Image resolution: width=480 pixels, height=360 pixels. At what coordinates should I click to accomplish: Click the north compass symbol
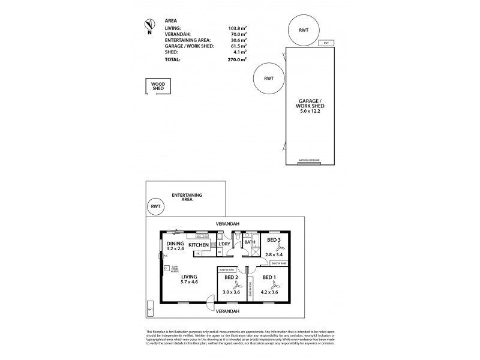coord(148,25)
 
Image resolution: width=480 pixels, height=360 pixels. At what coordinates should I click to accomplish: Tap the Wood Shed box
coord(158,87)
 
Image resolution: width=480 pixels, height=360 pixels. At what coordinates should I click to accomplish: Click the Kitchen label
coord(199,245)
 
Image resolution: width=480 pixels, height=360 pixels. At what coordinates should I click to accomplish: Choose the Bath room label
coord(250,242)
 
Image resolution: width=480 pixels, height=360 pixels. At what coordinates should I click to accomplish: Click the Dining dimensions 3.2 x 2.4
coord(175,249)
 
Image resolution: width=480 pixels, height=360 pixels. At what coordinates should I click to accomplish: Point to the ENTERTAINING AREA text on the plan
coord(187,198)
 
